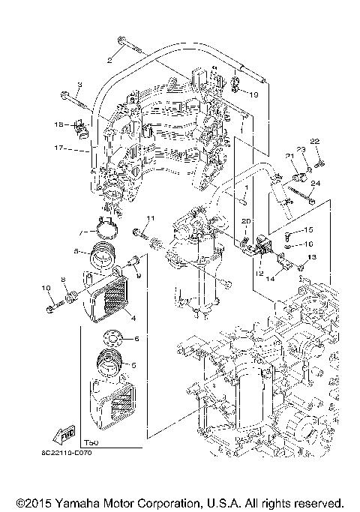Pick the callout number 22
coord(316,142)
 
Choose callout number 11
coord(149,218)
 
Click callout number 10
coord(45,288)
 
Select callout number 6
coord(137,339)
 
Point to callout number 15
coord(308,230)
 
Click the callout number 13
coord(313,257)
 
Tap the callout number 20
coord(244,221)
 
